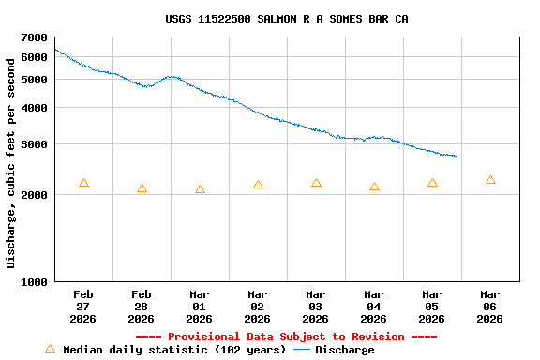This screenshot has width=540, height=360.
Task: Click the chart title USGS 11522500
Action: pos(287,19)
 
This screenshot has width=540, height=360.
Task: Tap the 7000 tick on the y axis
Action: pos(34,37)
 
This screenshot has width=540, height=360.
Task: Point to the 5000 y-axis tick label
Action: pos(34,80)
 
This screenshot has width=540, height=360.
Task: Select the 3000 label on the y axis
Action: pos(34,144)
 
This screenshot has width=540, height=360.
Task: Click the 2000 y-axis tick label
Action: pos(34,195)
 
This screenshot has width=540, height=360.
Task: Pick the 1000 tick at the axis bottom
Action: pos(34,282)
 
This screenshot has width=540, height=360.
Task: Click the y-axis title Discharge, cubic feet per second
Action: pos(11,163)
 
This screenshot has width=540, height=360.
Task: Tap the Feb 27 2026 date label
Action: pos(83,307)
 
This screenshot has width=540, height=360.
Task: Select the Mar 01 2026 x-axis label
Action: pos(200,307)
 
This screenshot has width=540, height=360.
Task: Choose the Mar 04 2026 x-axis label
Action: pos(374,307)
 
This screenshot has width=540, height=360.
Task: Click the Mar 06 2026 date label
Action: pos(490,307)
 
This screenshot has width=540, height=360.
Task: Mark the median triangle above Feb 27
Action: pos(83,183)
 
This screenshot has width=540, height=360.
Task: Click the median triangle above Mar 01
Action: pos(200,189)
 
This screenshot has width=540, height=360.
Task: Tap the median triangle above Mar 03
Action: pos(316,183)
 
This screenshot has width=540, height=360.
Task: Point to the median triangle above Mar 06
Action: pos(490,179)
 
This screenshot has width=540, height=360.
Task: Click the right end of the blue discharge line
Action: pos(456,156)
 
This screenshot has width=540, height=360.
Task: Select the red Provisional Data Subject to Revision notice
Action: pos(287,337)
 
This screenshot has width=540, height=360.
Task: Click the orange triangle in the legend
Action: pos(50,349)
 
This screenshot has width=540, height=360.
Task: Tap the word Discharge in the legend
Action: pos(344,350)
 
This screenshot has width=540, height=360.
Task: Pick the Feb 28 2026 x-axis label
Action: pos(142,307)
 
